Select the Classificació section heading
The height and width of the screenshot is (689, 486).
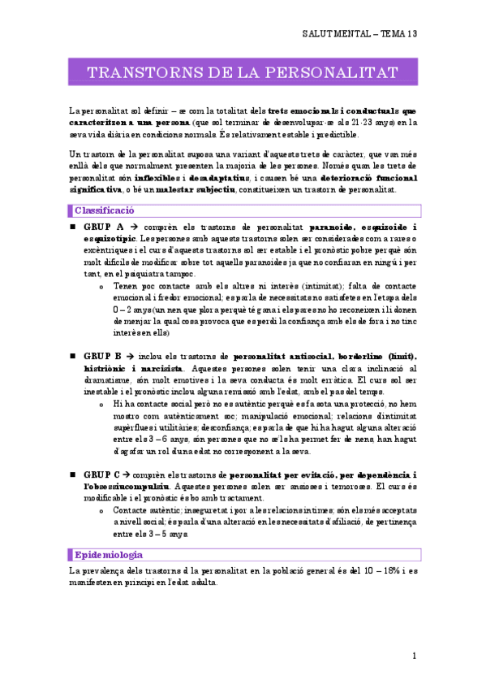coord(104,210)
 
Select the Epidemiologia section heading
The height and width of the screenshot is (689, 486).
coord(108,555)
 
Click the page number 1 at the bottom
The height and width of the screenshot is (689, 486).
coord(414,655)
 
